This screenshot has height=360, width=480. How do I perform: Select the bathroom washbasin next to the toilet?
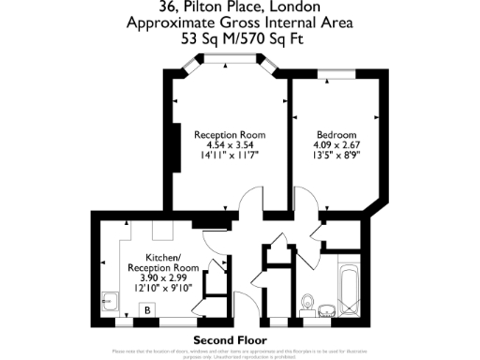point(325,306)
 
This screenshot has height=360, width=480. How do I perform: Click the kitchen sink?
point(108,302)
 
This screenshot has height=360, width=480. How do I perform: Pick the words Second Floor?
point(230,339)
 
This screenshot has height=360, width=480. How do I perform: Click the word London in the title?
point(284,10)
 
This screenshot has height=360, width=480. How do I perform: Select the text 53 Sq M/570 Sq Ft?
point(240,41)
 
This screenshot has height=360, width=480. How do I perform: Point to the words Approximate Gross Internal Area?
point(240,25)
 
